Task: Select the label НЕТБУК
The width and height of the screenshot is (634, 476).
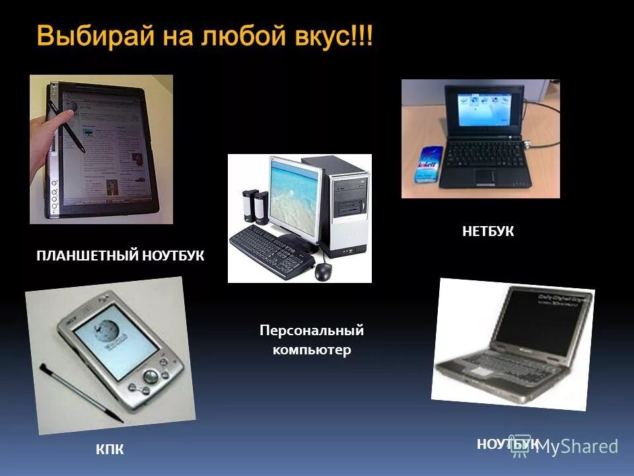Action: click(487, 231)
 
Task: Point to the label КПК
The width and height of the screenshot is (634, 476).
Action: click(110, 450)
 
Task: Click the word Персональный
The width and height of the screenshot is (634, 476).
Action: click(311, 330)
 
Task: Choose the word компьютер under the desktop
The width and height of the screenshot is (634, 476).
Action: click(312, 350)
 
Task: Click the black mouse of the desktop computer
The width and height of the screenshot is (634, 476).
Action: click(323, 270)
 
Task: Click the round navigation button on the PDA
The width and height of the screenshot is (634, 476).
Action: click(151, 377)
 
